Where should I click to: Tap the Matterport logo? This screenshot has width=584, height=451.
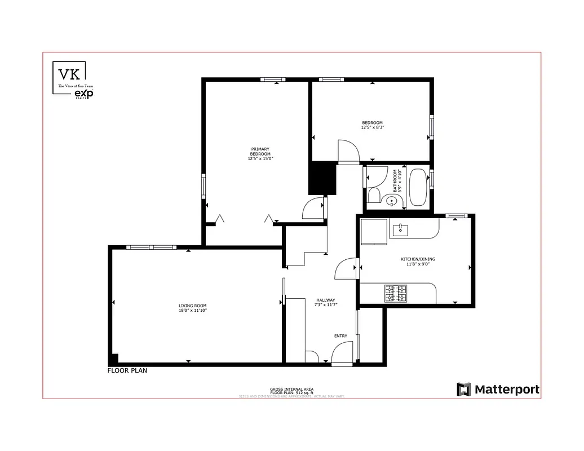click(498, 390)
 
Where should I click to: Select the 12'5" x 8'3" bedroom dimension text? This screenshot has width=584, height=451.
click(372, 128)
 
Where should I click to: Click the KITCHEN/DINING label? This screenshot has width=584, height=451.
click(418, 259)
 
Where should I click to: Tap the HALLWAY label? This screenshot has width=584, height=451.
click(325, 300)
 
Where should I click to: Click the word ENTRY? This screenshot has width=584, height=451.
click(340, 336)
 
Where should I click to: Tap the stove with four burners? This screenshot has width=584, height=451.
click(395, 293)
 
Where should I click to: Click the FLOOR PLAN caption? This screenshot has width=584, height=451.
click(127, 371)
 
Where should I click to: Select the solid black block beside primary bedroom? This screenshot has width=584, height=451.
click(322, 178)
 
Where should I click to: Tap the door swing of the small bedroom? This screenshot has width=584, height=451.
click(348, 151)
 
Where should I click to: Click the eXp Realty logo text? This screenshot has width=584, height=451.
click(85, 94)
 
